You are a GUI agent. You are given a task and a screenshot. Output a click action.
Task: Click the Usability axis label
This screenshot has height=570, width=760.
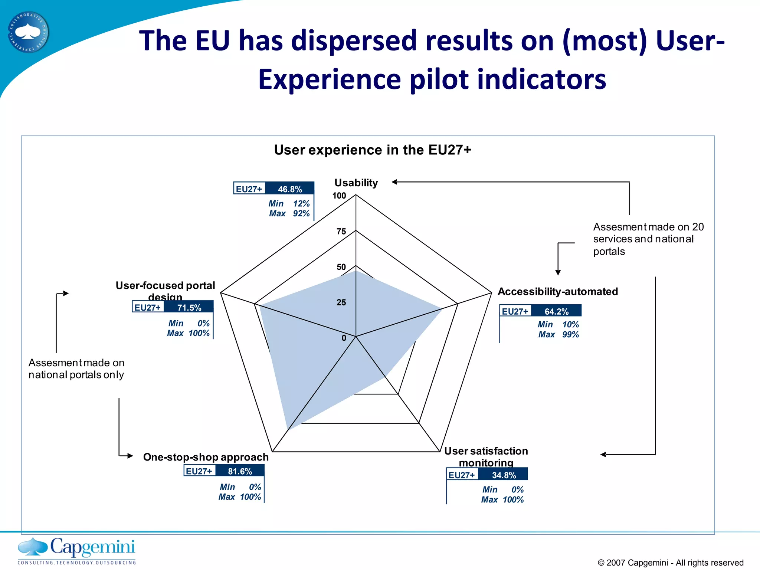[356, 183]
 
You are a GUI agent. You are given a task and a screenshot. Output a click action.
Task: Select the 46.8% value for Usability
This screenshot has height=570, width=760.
[290, 189]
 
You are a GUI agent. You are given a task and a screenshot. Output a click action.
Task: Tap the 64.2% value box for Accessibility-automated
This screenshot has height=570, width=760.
[556, 311]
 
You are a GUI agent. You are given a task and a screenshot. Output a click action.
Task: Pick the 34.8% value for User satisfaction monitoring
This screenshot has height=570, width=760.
[504, 475]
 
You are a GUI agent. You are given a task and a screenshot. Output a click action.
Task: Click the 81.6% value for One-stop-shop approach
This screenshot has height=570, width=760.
[240, 471]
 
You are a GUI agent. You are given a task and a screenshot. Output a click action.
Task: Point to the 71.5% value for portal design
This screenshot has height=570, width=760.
[189, 308]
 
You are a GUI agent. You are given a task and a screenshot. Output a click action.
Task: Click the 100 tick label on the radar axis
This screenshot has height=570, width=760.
[339, 196]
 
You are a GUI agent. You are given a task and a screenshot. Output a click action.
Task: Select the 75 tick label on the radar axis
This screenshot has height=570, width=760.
[341, 232]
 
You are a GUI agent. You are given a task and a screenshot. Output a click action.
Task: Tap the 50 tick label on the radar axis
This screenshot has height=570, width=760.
[341, 267]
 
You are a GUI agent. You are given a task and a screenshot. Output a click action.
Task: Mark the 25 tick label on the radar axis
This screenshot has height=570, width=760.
[341, 302]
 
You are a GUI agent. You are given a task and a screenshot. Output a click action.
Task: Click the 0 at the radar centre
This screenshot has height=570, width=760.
[344, 338]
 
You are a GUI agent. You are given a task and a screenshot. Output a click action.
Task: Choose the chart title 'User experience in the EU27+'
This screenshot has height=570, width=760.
[373, 150]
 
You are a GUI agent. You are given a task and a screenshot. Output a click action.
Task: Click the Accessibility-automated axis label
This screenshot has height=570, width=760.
[557, 292]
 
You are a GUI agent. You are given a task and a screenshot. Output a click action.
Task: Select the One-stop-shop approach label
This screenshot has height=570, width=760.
[206, 457]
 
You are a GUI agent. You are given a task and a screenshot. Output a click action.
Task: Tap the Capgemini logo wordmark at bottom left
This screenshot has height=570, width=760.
[92, 547]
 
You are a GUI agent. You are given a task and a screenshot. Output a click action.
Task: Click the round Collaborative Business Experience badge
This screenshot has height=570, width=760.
[28, 32]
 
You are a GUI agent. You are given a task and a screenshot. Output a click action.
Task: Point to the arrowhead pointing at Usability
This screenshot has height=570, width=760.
[395, 182]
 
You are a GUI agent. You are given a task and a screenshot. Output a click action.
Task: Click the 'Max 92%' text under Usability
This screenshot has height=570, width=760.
[289, 214]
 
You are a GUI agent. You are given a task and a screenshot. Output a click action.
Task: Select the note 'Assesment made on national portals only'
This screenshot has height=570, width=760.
[76, 368]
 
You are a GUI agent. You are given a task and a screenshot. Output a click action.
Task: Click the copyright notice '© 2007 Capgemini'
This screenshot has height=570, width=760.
[670, 563]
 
